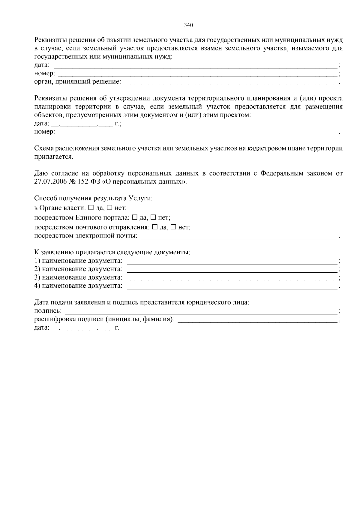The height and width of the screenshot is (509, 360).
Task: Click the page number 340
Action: pos(188,25)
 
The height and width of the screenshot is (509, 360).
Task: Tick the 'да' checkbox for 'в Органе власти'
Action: pos(91,207)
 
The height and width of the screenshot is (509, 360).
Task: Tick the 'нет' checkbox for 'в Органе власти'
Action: pos(110,207)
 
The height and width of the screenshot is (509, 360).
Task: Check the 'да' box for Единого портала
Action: pos(135,217)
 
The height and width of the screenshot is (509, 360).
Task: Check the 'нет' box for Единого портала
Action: pos(153,217)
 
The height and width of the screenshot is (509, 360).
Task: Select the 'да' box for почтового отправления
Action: pos(154,227)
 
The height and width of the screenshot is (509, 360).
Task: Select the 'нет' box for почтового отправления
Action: pos(173,227)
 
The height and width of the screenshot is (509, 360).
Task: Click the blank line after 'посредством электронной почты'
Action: pos(239,237)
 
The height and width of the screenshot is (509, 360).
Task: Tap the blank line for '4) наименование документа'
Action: pos(232,286)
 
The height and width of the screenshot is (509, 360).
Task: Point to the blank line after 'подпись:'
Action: pos(201,311)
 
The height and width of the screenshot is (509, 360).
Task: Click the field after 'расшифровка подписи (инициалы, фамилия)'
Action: pos(257,320)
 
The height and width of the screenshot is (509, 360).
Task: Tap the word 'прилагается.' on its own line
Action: pos(53,157)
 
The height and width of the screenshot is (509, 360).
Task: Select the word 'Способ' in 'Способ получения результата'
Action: pos(44,198)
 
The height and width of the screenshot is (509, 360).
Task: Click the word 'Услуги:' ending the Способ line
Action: pos(141,198)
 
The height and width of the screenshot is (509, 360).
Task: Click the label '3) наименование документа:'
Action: pos(78,277)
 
